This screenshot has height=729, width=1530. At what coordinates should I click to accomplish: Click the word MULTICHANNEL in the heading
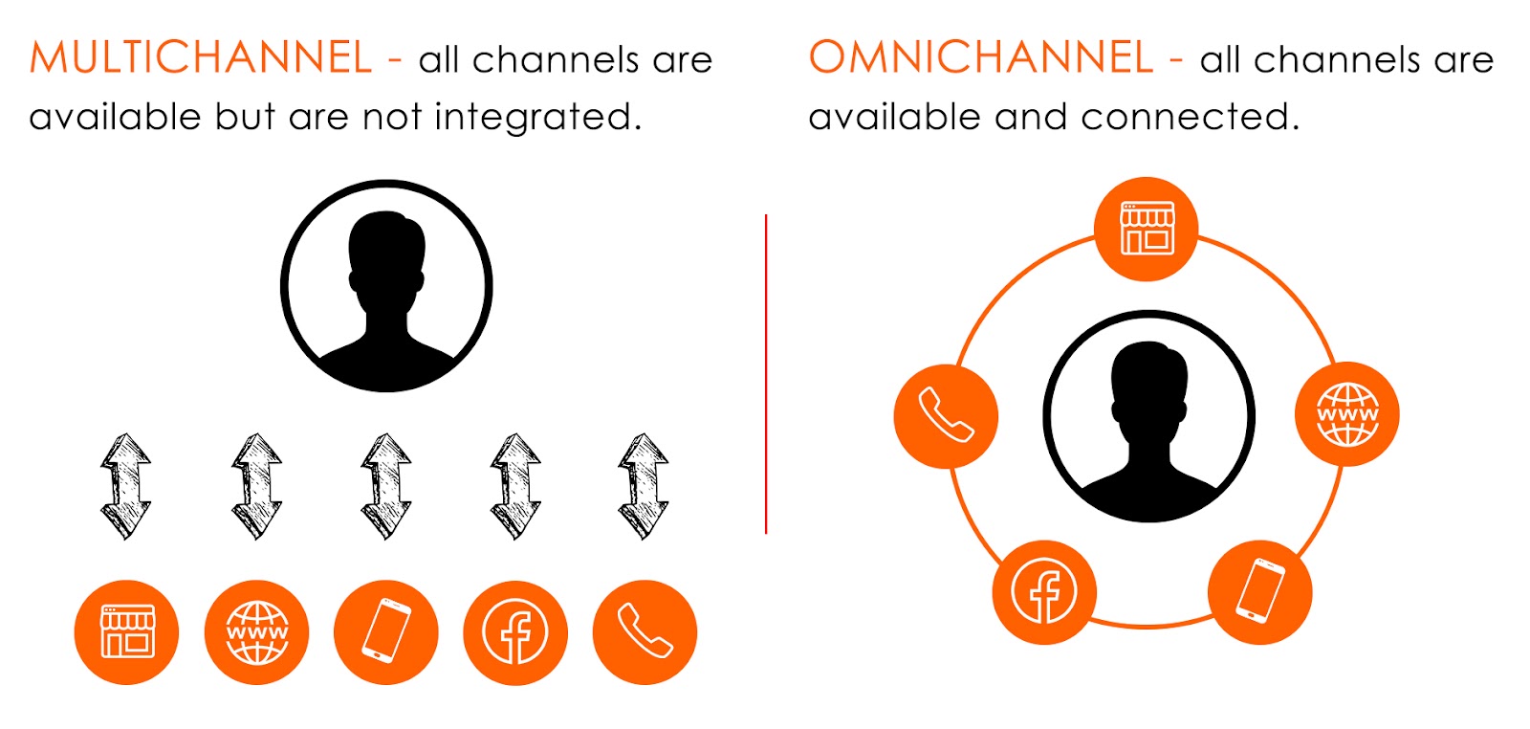coord(201,58)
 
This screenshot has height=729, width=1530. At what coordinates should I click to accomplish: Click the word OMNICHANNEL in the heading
coord(981,58)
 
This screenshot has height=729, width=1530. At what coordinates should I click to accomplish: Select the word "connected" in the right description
coord(1190,118)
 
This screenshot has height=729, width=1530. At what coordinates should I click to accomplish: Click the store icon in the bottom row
coord(127,631)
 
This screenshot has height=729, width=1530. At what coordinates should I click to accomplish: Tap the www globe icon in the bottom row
coord(256,631)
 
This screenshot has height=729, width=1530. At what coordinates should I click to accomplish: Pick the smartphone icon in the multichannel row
coord(386,631)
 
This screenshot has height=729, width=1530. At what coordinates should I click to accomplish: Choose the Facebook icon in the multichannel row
coord(515,631)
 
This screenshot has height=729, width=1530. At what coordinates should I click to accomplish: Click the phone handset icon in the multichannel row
coord(645,631)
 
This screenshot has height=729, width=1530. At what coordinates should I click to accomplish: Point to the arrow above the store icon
coord(126,486)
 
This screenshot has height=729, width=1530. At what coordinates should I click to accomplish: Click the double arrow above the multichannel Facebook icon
coord(515,486)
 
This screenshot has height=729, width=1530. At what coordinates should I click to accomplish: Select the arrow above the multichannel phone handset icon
coord(644,486)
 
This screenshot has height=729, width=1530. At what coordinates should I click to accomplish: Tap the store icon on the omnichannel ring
coord(1147,229)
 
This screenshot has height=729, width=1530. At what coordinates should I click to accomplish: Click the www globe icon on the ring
coord(1347,414)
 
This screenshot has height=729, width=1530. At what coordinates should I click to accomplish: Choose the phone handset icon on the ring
coord(946,415)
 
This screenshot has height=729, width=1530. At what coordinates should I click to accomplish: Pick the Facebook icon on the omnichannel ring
coord(1044,591)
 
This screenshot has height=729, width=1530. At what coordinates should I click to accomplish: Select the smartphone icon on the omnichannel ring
coord(1260,591)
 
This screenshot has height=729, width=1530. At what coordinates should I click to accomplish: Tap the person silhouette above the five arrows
coord(386,286)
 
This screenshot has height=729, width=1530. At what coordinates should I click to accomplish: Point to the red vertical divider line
coord(766,373)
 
